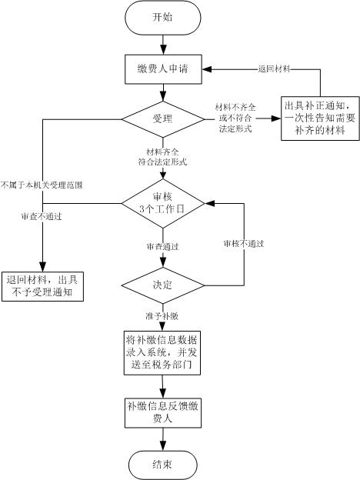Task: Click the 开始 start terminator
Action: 163,18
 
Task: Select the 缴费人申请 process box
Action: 163,69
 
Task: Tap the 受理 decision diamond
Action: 163,119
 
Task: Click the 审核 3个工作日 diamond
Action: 163,203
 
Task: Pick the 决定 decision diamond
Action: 163,285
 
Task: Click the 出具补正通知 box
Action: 320,118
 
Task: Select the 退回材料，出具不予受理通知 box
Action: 42,286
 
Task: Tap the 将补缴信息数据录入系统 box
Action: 162,352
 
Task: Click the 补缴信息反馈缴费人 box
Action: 163,413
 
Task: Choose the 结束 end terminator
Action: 162,465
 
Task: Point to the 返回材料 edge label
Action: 274,69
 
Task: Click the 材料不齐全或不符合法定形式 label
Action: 235,118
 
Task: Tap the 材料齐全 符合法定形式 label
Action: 162,157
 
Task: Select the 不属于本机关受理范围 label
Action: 42,185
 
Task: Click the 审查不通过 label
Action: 42,216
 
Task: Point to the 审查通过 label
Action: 162,246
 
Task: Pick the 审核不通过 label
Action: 244,244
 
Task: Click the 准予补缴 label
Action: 162,316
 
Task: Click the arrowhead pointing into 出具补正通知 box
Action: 276,118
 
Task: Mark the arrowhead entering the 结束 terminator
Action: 163,445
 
